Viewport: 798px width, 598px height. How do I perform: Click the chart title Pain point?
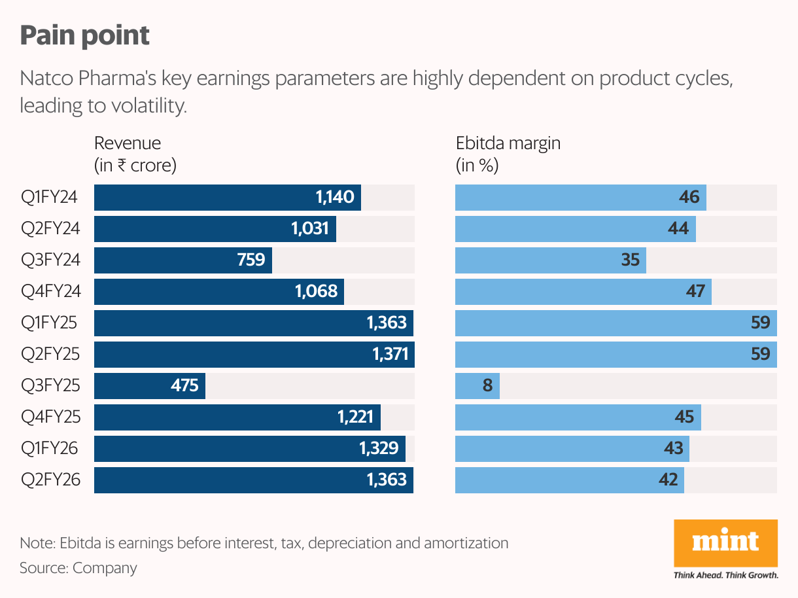tap(84, 36)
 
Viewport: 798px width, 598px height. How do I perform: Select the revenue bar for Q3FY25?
tap(150, 386)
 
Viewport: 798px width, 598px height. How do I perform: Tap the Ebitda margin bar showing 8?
tap(477, 386)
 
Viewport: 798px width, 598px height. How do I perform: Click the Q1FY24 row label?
tap(50, 198)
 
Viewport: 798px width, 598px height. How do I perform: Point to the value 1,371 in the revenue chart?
tap(390, 355)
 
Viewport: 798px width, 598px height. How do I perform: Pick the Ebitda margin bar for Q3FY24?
tap(550, 260)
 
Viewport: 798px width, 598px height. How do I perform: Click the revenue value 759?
tap(251, 260)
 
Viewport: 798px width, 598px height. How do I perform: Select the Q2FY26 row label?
tap(50, 480)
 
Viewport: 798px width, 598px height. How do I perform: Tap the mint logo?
tap(725, 542)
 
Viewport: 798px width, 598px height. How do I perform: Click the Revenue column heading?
tap(128, 143)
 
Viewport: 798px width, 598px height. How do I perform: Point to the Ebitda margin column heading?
tap(508, 143)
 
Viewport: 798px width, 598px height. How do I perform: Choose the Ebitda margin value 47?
tap(695, 292)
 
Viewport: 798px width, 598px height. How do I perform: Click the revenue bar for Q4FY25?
tap(237, 417)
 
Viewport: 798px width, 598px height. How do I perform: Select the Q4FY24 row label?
tap(50, 292)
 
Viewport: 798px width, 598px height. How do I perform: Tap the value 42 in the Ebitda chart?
tap(668, 480)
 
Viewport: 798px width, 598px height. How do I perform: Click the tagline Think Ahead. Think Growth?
tap(725, 576)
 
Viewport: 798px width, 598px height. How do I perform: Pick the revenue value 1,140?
tap(334, 198)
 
